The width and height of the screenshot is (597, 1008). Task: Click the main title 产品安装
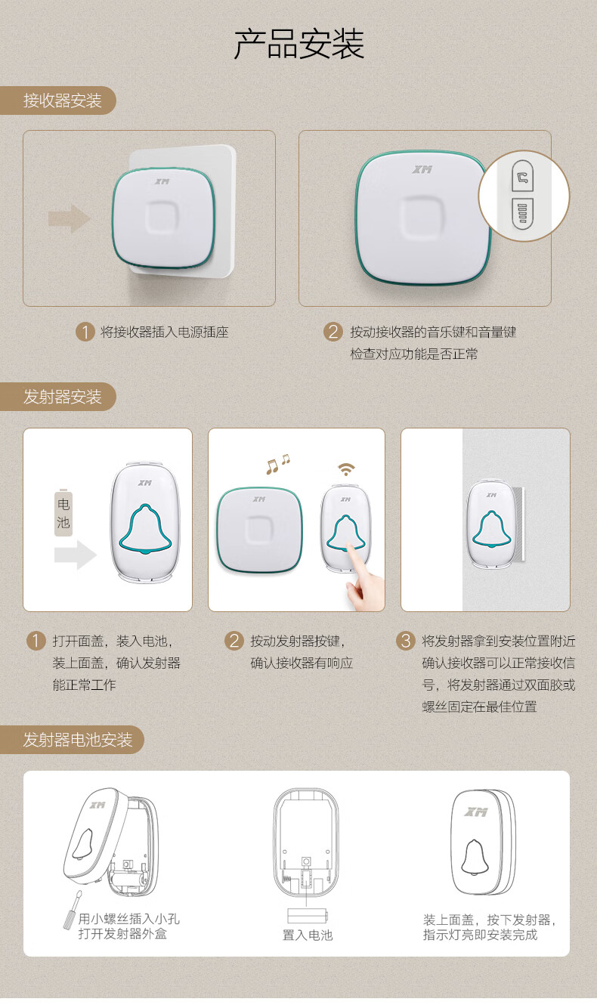pos(298,44)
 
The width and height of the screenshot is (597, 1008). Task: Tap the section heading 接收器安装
pos(63,100)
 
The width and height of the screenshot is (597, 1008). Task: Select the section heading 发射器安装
pos(63,397)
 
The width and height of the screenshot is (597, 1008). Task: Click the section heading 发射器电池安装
pos(78,739)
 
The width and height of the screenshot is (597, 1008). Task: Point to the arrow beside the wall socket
pos(70,218)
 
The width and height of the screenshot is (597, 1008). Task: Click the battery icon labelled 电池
pos(63,512)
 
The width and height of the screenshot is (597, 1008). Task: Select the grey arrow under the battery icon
pos(75,555)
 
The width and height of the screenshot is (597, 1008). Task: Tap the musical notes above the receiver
pos(277,465)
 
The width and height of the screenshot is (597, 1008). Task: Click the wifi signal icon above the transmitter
pos(346,469)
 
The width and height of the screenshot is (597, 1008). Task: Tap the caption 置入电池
pos(308,935)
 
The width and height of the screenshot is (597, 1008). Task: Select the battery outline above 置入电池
pos(308,916)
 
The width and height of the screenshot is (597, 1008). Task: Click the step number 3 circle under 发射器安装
pos(405,640)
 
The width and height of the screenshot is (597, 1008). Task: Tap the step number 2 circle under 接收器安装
pos(333,332)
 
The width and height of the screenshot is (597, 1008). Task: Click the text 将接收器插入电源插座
pos(164,332)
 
